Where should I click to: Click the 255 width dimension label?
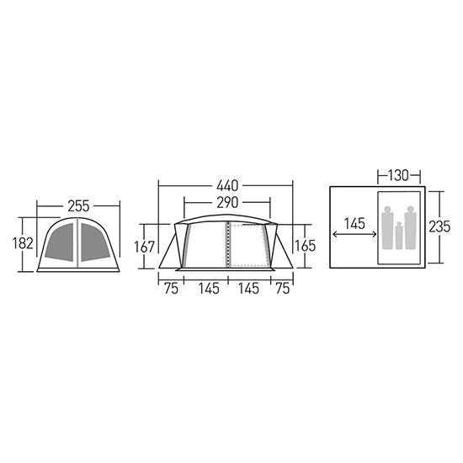click(x=78, y=206)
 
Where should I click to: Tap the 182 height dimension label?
click(x=23, y=243)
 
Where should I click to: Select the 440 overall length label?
click(x=227, y=186)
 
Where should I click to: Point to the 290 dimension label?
click(x=227, y=203)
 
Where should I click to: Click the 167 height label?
click(x=145, y=247)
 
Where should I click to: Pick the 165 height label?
click(x=306, y=246)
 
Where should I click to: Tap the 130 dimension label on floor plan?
click(x=398, y=175)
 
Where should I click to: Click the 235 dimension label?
click(x=439, y=226)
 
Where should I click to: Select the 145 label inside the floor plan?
click(x=354, y=224)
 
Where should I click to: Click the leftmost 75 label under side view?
click(x=171, y=289)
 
